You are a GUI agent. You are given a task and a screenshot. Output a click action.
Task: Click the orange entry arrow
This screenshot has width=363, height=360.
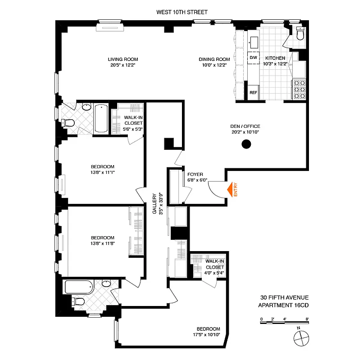(234, 189)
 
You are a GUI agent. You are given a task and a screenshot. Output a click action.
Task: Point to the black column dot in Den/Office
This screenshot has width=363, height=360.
(246, 144)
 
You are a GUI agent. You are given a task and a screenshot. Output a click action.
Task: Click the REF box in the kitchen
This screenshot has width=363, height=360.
(253, 92)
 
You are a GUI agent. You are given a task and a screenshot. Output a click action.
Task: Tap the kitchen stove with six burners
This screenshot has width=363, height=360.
(299, 89)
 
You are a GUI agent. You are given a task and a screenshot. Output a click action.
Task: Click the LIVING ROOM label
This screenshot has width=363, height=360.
(123, 59)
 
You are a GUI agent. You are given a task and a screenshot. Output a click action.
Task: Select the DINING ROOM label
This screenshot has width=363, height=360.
(215, 59)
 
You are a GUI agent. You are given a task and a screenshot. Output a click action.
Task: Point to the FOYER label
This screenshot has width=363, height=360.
(195, 175)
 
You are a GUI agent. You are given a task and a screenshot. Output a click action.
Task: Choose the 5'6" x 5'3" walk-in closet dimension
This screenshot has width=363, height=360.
(133, 129)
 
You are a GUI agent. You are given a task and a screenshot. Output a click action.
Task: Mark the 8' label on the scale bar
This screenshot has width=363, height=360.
(307, 319)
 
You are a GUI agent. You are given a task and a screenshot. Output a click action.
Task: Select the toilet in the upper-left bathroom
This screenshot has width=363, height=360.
(69, 123)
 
